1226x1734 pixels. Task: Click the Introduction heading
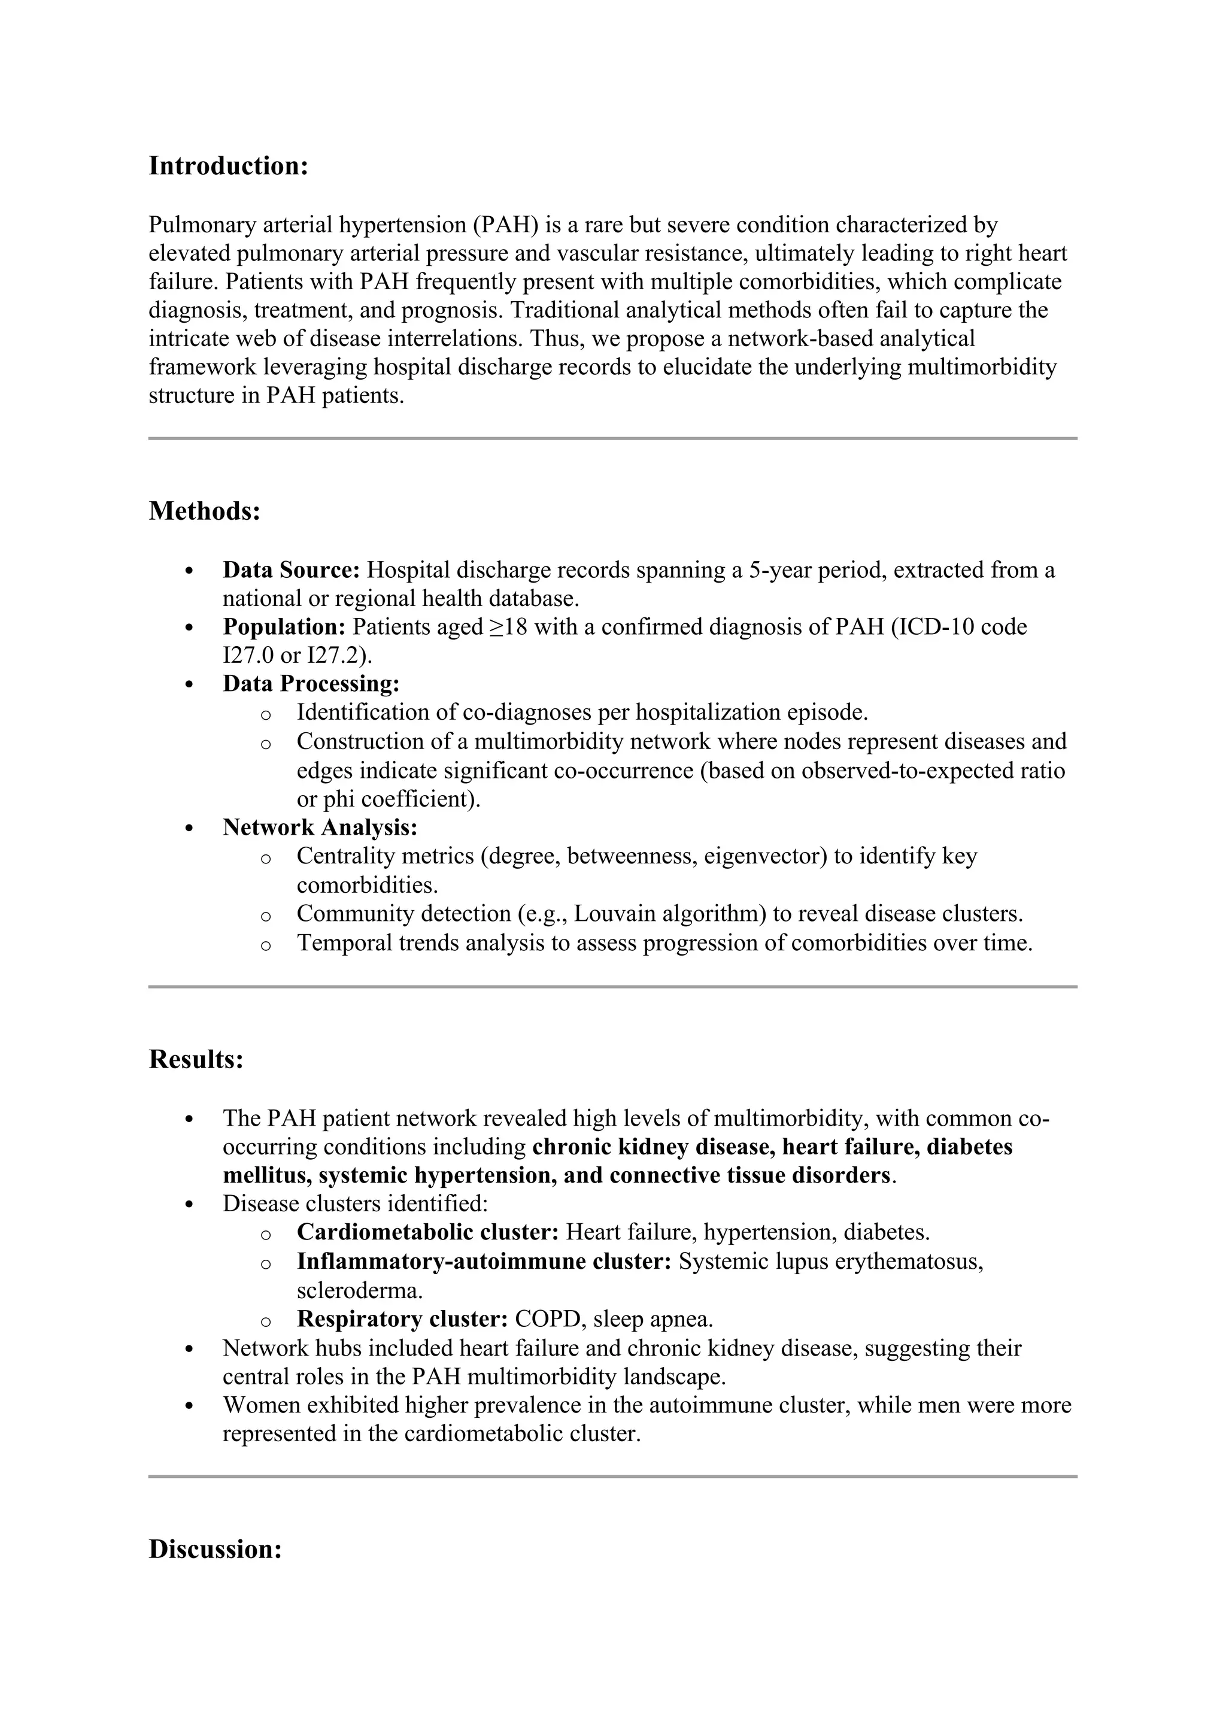[228, 166]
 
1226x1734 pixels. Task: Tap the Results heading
[196, 1060]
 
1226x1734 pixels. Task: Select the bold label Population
[284, 627]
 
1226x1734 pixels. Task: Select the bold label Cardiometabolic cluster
[427, 1232]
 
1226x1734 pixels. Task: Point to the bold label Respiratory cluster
[402, 1320]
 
